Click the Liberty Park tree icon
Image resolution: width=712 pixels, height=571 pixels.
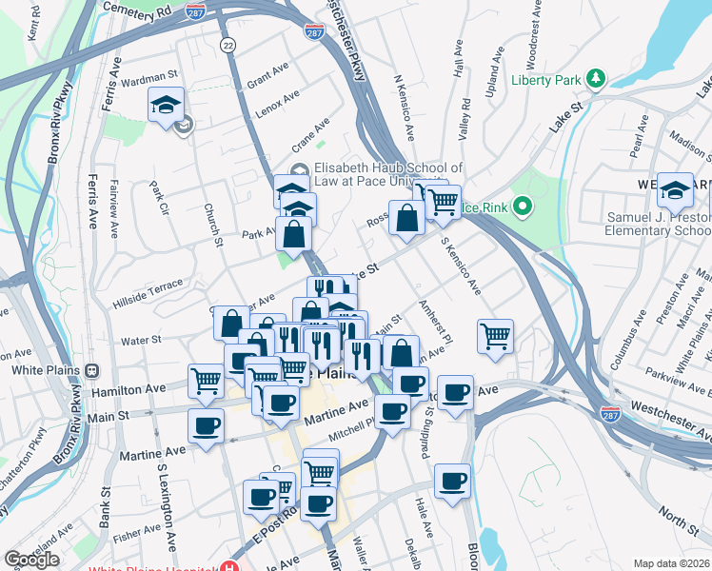coord(596,77)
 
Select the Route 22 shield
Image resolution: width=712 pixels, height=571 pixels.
coord(227,45)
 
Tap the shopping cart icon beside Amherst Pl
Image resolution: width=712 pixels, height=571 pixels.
coord(495,336)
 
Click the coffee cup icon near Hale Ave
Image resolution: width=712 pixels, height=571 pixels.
coord(453,481)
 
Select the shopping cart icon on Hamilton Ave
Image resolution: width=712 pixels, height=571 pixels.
coord(206,381)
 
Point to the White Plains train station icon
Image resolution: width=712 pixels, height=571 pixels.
coord(92,371)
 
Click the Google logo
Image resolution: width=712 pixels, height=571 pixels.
coord(31,560)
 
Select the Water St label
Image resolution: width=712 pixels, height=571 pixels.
coord(141,339)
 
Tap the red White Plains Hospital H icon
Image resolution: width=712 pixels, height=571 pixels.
coord(228,566)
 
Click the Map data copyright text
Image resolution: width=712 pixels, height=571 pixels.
coord(672,563)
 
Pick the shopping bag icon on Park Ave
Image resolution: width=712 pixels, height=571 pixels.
coord(294,234)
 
